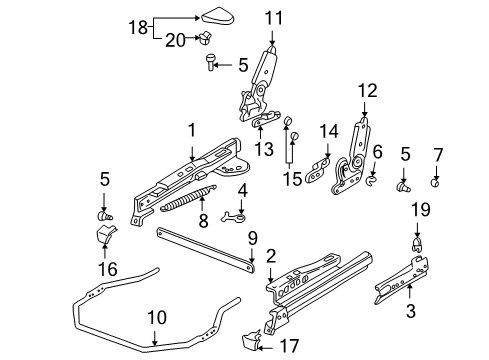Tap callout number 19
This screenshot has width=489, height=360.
(x=419, y=209)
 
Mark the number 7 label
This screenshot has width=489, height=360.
(x=436, y=154)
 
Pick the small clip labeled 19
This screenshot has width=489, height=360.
(x=419, y=241)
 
